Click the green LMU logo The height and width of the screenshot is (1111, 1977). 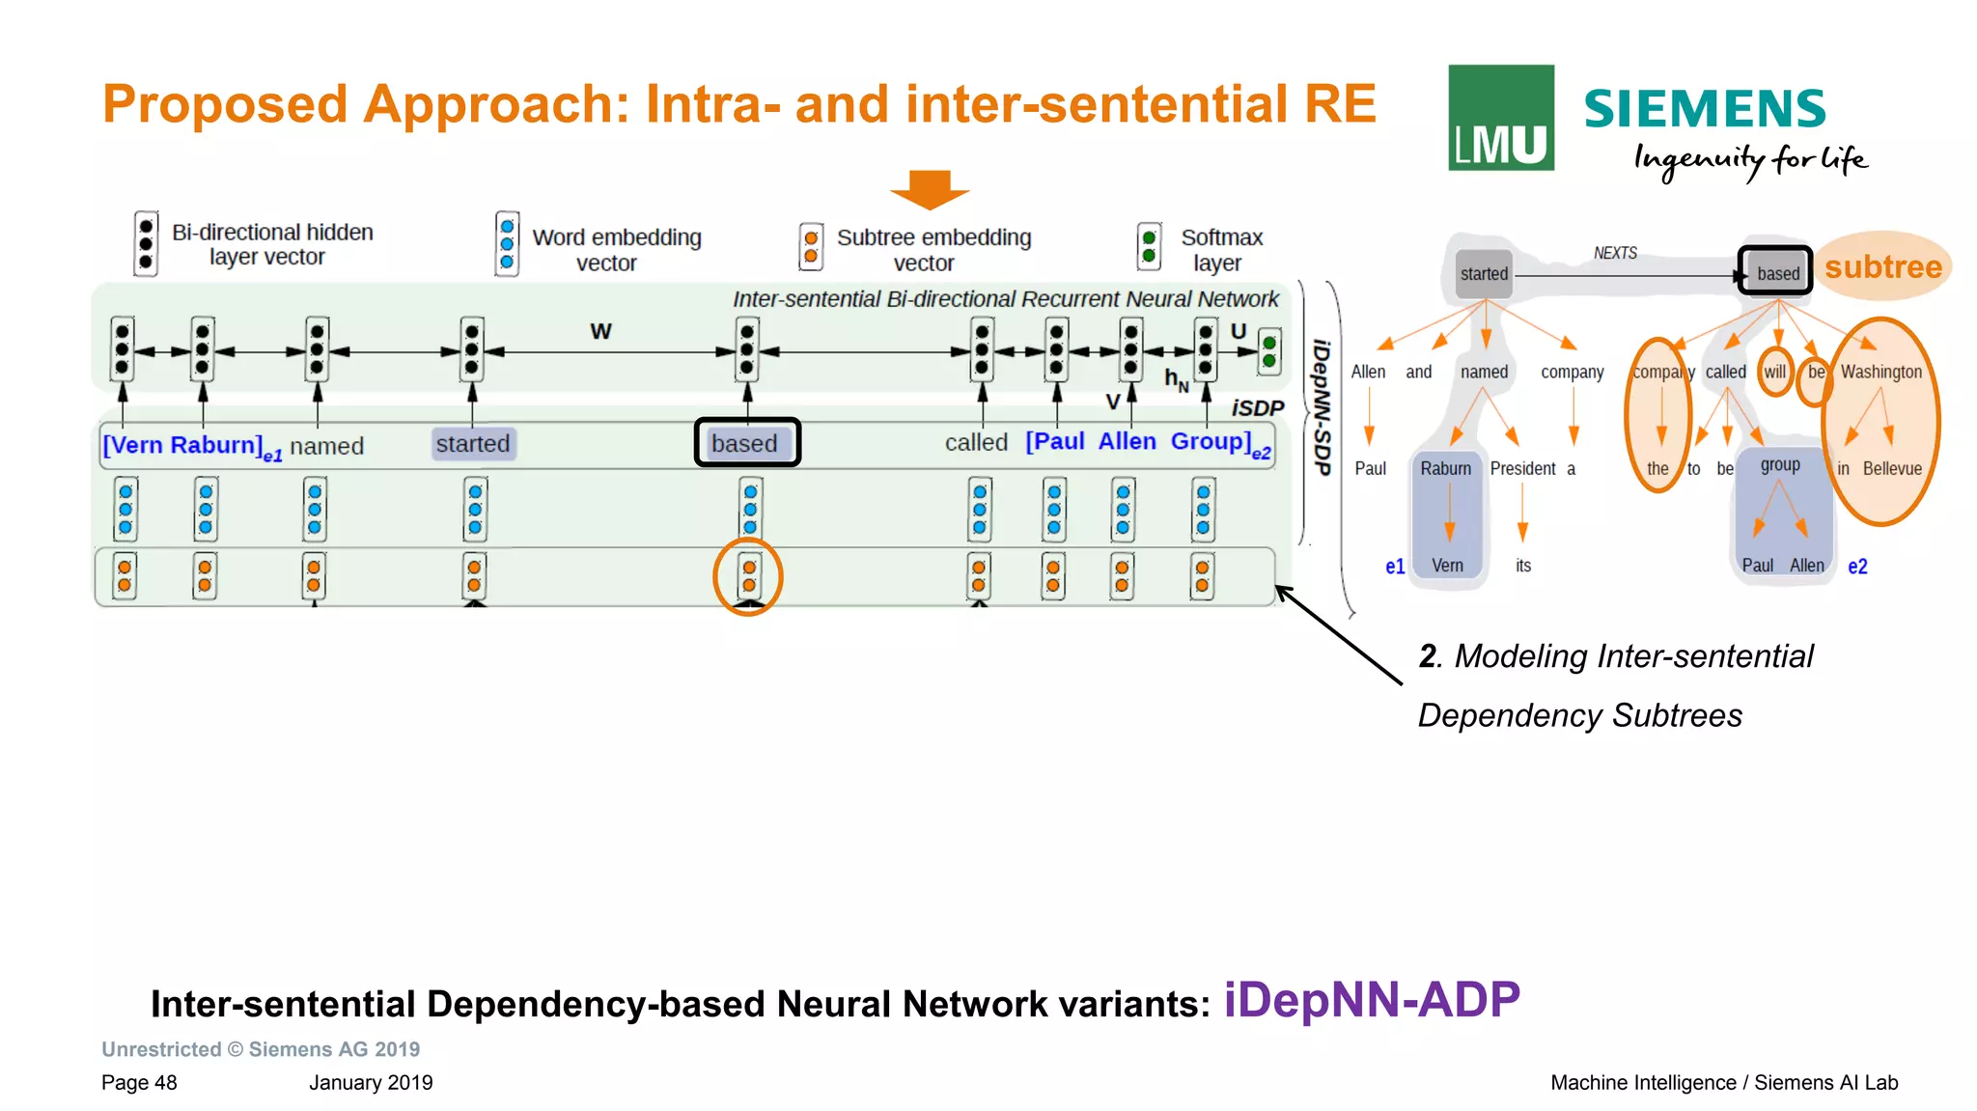[x=1500, y=118]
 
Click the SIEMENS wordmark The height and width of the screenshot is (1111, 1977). [x=1704, y=108]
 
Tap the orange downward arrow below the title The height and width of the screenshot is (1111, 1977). [x=929, y=189]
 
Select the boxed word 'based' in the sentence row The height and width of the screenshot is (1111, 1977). [x=747, y=443]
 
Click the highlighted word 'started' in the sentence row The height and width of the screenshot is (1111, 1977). [x=472, y=444]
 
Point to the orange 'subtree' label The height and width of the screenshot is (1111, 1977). [x=1882, y=266]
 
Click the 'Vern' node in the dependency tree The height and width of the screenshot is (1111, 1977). [x=1446, y=566]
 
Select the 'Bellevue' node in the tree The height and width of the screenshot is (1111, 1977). [x=1891, y=469]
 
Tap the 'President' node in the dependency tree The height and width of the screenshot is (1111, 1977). [x=1522, y=469]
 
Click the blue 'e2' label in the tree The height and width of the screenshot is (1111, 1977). [x=1857, y=567]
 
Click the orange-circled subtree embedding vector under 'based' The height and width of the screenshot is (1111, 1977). [x=748, y=576]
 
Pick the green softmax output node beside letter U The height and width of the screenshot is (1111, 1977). [x=1269, y=352]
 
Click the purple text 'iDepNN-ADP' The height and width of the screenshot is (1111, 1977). [x=1372, y=1000]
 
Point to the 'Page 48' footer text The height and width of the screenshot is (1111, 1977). [x=139, y=1083]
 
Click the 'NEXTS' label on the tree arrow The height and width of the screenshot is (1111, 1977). [x=1615, y=253]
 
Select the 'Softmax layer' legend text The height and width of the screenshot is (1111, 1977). [x=1220, y=250]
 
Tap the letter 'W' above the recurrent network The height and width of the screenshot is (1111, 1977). [x=600, y=332]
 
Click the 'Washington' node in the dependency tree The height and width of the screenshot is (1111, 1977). [x=1880, y=373]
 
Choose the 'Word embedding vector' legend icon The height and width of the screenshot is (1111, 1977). [x=507, y=244]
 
